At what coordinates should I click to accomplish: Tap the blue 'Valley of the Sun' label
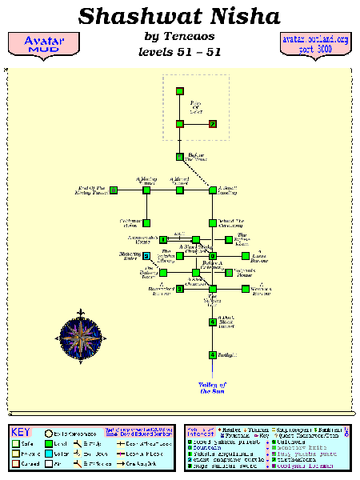[213, 388]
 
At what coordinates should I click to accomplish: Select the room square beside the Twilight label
[212, 354]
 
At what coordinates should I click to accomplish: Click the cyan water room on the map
[146, 256]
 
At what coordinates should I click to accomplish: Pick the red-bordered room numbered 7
[213, 124]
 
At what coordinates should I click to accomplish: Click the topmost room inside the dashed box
[180, 91]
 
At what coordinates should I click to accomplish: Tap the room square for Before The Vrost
[180, 157]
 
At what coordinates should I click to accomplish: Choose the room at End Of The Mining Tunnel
[114, 190]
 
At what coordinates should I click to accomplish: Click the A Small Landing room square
[213, 190]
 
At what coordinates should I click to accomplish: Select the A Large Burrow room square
[246, 256]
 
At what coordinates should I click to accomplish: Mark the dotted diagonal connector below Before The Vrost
[197, 174]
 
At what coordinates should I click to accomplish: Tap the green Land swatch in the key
[49, 440]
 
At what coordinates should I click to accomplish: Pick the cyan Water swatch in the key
[49, 452]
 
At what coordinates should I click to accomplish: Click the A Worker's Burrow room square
[246, 289]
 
